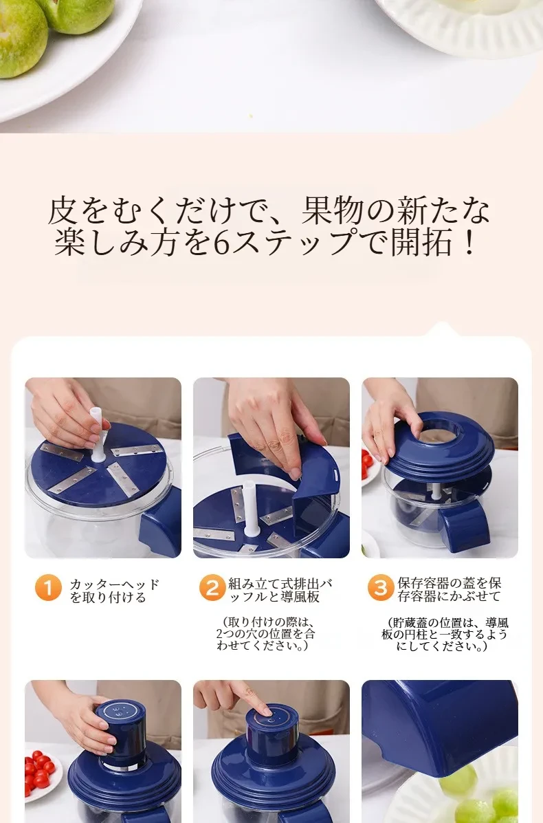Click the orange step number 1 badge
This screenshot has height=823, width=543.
(48, 588)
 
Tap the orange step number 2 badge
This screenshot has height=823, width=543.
(212, 588)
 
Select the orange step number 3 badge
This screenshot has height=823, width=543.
(380, 588)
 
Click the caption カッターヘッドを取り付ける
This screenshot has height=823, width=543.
(114, 591)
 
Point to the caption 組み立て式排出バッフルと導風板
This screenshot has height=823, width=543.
(280, 590)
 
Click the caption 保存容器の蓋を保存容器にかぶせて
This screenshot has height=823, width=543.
(449, 589)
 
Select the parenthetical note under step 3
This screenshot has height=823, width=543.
(445, 634)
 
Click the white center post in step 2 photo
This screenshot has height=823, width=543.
(250, 508)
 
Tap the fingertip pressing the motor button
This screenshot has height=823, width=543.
(265, 710)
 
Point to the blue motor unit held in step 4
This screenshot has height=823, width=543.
(120, 736)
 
